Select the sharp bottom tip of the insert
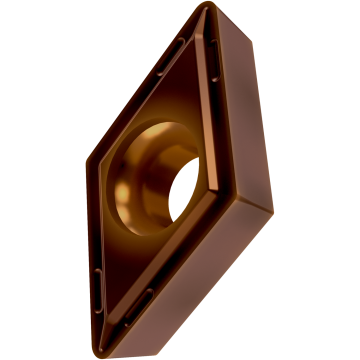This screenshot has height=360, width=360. point(112,353)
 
